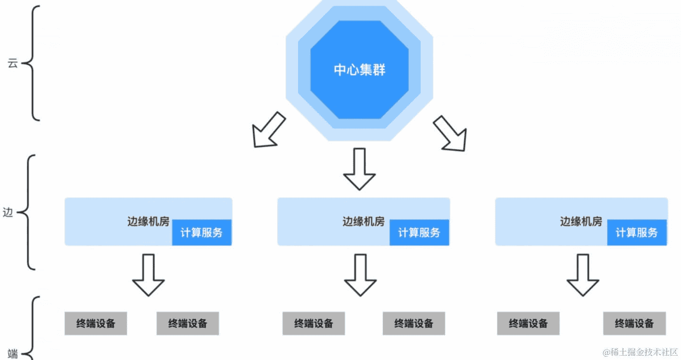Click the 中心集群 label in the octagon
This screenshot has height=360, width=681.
pos(359,70)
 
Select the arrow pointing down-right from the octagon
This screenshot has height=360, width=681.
pos(450,134)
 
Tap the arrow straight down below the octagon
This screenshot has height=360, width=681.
pos(359,169)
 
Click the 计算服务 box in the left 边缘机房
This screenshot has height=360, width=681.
pos(201,232)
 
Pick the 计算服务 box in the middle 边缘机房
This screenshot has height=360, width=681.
pos(419,232)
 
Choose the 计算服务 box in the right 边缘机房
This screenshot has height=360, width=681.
pos(637,232)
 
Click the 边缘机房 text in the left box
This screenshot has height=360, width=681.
pos(148,221)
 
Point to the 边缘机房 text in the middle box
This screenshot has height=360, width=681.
pos(363,221)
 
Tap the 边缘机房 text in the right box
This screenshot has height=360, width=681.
pos(581,221)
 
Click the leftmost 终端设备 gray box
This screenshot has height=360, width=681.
pos(96,323)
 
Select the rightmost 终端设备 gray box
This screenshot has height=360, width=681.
pos(634,323)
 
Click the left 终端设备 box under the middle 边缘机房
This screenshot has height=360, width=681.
pos(314,323)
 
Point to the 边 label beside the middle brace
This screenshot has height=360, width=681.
pos(8,212)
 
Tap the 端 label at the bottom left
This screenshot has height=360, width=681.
pos(13,353)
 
